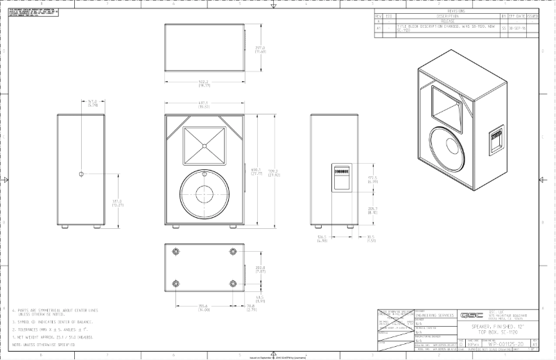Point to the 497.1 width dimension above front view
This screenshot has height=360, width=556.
click(205, 105)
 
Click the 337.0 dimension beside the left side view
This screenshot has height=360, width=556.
click(117, 202)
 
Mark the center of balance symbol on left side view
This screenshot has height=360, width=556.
click(81, 173)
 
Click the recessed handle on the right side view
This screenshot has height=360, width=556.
click(340, 175)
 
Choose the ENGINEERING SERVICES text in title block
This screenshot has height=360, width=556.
click(434, 314)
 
